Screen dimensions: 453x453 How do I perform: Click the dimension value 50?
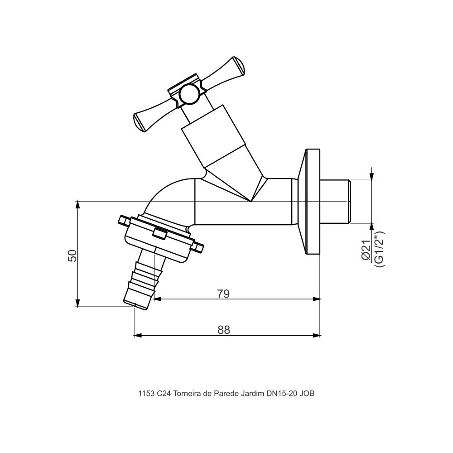pyautogui.click(x=72, y=255)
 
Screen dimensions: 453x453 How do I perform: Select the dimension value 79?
pyautogui.click(x=223, y=294)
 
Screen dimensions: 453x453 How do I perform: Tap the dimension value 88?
pyautogui.click(x=224, y=330)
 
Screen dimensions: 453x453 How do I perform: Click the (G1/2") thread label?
pyautogui.click(x=379, y=249)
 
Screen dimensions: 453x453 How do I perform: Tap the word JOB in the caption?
pyautogui.click(x=307, y=394)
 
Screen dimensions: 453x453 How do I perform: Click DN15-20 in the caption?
pyautogui.click(x=281, y=394)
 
